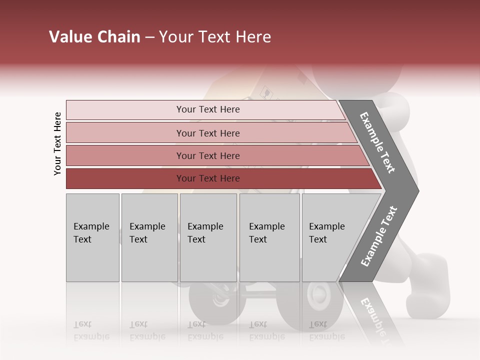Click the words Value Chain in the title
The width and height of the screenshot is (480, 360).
[x=94, y=37]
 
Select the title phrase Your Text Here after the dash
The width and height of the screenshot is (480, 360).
[x=215, y=37]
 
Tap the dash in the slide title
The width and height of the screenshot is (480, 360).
[x=149, y=37]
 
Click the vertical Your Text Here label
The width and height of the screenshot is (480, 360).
[x=57, y=143]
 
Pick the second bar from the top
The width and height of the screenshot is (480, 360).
[x=208, y=133]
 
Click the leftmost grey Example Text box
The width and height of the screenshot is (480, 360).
[x=92, y=237]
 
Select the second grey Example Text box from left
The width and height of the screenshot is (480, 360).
[x=149, y=237]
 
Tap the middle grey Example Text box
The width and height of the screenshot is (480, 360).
[x=208, y=237]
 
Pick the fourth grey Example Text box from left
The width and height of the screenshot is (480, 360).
[x=269, y=237]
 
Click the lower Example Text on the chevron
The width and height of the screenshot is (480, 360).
[x=378, y=236]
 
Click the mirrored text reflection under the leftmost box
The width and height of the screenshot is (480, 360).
[x=91, y=330]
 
